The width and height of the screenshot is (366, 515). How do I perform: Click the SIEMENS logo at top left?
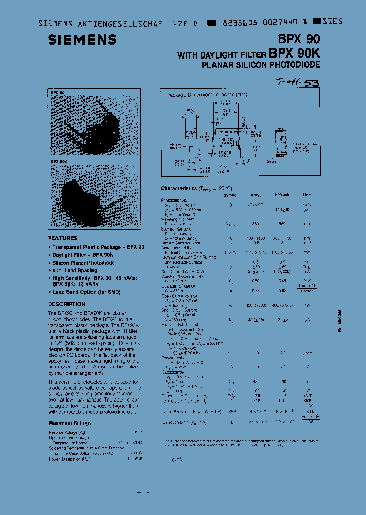(82, 40)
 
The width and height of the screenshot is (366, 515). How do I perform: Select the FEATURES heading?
(63, 238)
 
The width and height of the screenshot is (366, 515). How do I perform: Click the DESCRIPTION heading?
(67, 304)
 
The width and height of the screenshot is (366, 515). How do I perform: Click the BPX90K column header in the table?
(282, 195)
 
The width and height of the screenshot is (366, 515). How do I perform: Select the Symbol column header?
(230, 195)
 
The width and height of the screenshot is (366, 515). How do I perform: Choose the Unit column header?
(307, 195)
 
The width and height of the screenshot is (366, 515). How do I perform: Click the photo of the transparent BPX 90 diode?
(94, 122)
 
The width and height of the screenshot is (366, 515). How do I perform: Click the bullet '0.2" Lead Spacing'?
(75, 271)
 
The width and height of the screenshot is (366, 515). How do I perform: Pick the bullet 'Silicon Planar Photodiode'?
(83, 263)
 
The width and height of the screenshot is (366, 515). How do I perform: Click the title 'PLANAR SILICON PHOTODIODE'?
(261, 65)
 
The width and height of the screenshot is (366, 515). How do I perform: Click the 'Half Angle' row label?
(171, 266)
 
